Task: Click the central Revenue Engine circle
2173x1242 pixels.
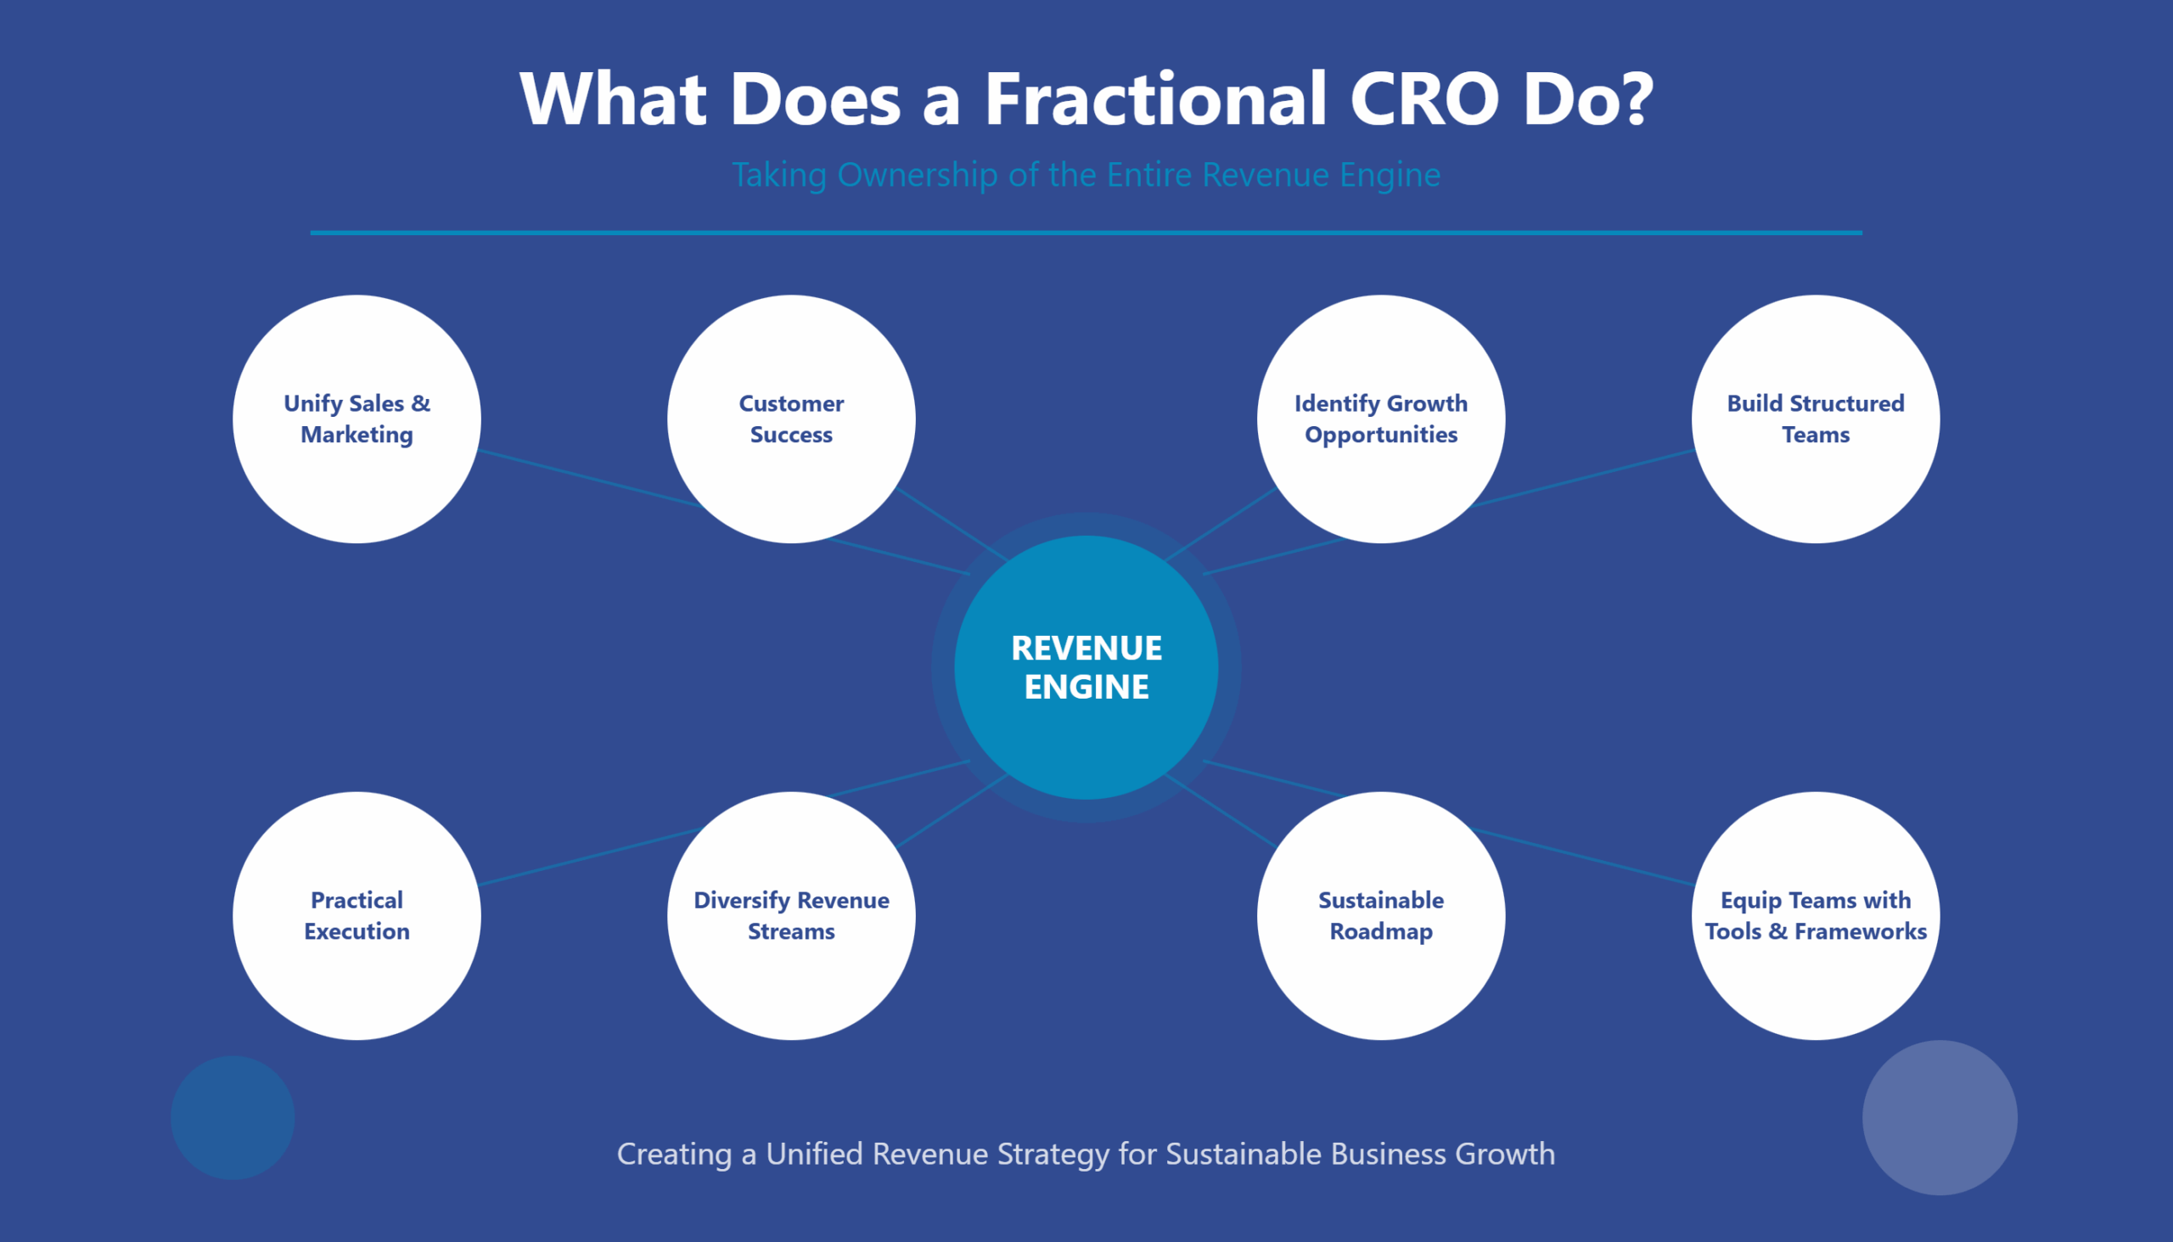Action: coord(1086,667)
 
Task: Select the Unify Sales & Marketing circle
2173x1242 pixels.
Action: coord(357,419)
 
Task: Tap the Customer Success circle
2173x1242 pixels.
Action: coord(791,419)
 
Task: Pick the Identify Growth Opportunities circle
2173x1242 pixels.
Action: coord(1381,419)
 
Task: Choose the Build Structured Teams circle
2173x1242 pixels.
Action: coord(1816,419)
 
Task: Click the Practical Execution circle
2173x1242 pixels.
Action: coord(357,915)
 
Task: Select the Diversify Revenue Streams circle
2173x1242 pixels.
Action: coord(791,915)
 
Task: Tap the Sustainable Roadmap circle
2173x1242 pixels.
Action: coord(1381,915)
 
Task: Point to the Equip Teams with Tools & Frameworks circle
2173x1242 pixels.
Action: coord(1816,915)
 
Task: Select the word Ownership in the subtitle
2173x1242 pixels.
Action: coord(917,175)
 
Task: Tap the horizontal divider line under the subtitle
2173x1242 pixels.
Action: coord(1086,232)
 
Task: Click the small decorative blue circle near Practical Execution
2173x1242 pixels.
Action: coord(233,1117)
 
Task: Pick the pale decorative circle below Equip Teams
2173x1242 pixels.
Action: coord(1940,1117)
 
